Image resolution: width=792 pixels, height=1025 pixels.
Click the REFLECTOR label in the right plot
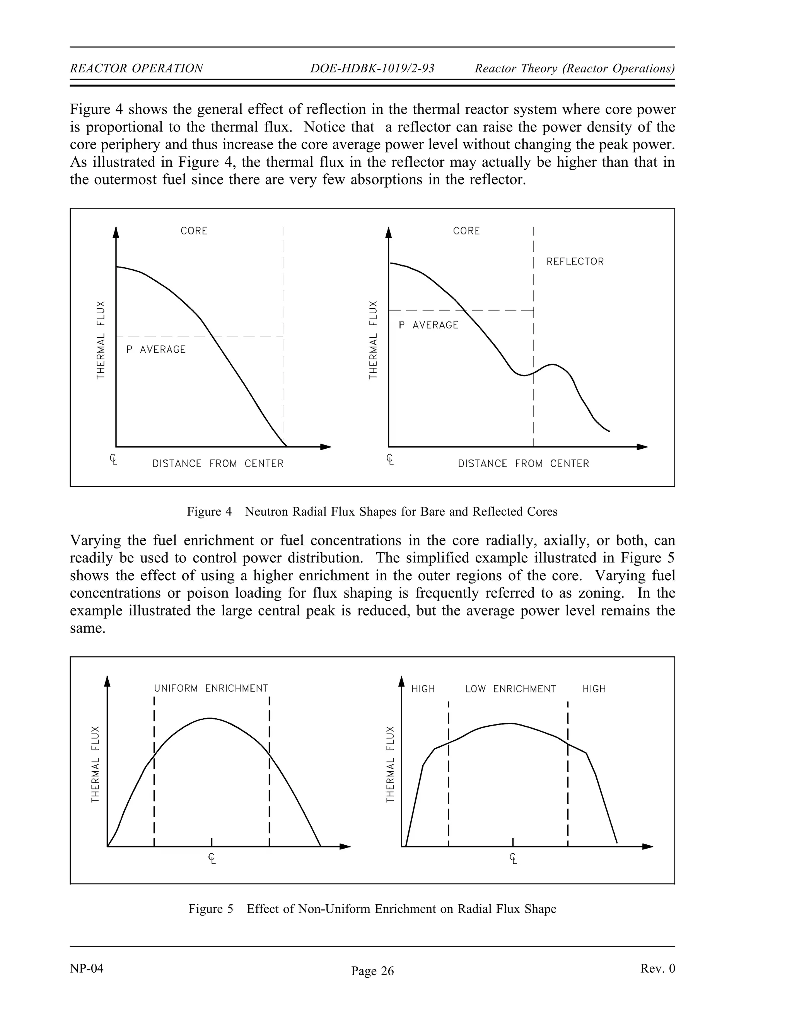575,262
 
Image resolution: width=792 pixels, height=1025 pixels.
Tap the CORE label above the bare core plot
194,231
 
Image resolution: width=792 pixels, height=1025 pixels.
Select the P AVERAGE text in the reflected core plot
428,325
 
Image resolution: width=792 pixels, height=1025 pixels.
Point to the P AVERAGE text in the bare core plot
156,350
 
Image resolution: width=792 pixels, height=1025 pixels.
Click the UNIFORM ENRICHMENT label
211,688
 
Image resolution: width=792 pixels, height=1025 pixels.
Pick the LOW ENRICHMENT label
510,689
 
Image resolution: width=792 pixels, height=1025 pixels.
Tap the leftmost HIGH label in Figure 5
423,689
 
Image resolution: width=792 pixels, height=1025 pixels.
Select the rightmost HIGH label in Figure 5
594,689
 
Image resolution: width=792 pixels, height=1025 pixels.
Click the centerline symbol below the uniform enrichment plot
212,859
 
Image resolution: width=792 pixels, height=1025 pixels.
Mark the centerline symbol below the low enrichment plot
513,859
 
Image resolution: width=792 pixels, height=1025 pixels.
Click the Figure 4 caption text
372,512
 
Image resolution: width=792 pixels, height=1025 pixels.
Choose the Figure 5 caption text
372,909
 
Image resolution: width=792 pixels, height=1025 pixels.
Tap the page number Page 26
372,971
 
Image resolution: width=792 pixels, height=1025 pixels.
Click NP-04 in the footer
87,969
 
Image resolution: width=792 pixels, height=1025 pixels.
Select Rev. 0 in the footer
657,969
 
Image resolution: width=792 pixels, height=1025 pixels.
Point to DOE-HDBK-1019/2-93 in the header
372,68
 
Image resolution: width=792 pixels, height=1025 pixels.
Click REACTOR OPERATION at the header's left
136,68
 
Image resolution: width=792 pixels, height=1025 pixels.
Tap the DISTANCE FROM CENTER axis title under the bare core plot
218,464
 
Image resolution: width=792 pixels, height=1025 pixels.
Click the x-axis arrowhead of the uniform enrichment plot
345,847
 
